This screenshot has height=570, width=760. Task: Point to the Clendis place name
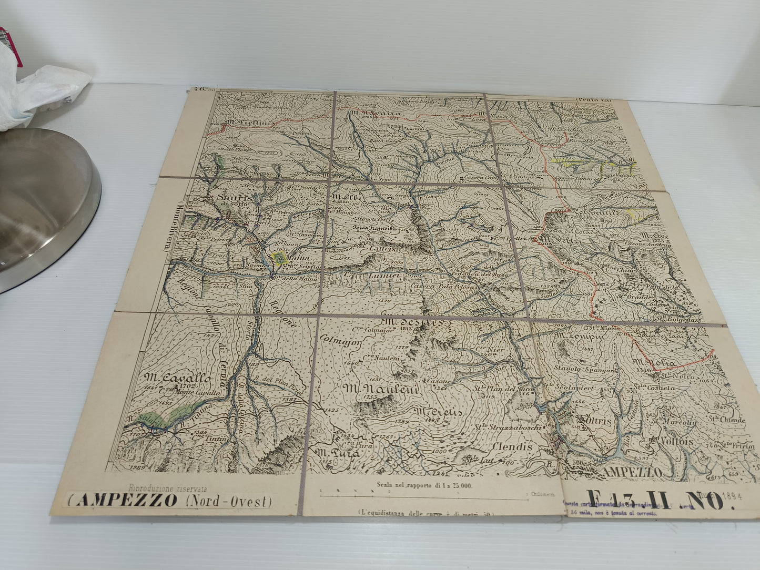(512, 446)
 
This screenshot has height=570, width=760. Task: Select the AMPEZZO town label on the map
(632, 472)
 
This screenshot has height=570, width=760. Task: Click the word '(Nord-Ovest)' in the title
(229, 501)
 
